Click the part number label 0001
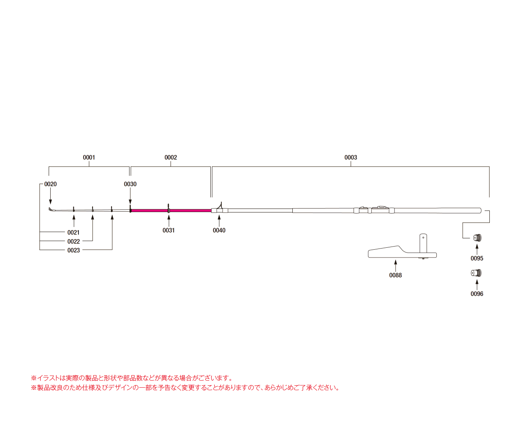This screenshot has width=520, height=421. pos(89,158)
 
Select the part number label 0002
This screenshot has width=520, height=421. pos(171,158)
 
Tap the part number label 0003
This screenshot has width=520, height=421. pos(350,158)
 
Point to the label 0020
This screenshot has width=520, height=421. pos(50,184)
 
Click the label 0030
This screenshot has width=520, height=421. pos(130,184)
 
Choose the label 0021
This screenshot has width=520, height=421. pos(73,232)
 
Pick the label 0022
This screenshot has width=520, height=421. pos(73,241)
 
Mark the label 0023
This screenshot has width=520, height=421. pos(73,250)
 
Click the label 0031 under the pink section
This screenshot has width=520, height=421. pos(169,230)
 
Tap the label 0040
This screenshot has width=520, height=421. pos(219,230)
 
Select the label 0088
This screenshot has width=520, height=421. pos(395,275)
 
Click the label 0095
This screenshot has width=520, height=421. pos(477,258)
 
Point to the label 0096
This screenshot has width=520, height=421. pos(477,294)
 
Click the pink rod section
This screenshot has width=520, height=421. pos(188,210)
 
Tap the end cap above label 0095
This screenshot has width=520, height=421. pos(476,238)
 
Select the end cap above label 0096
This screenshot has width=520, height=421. pos(476,273)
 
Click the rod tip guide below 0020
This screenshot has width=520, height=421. pos(50,210)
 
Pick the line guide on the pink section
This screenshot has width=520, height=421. pos(168,208)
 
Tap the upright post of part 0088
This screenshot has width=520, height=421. pos(423,243)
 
